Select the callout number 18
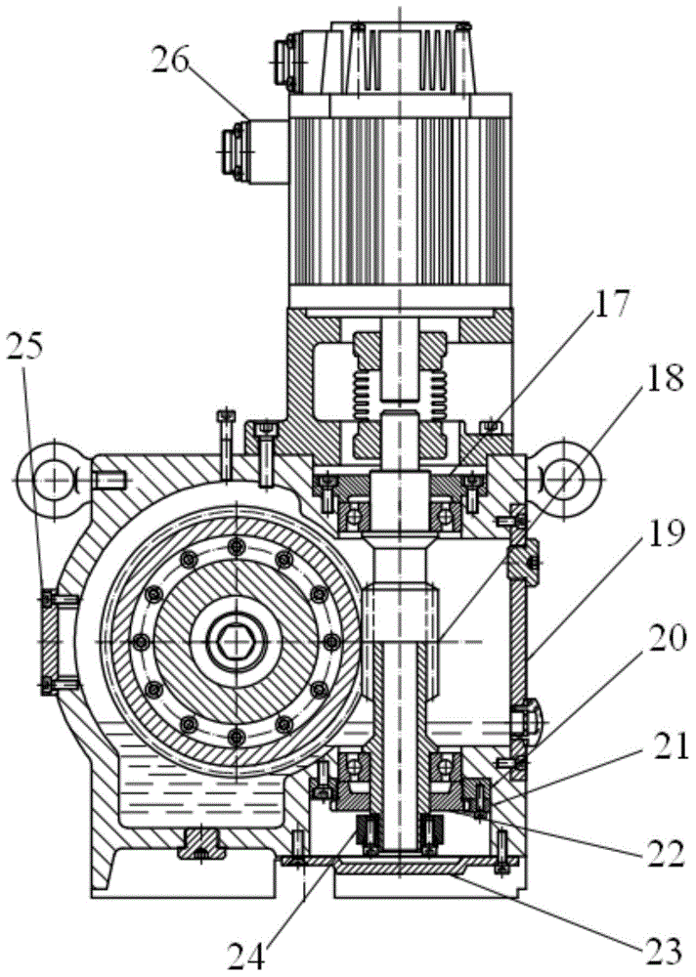click(663, 379)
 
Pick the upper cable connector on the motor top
click(299, 61)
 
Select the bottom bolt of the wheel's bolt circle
click(236, 737)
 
